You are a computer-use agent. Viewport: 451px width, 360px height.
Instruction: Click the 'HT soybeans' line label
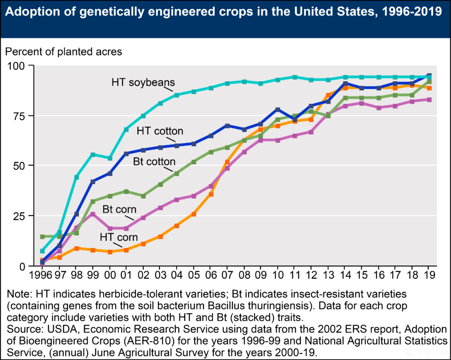(143, 82)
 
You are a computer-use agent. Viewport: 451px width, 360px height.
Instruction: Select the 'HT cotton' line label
(160, 131)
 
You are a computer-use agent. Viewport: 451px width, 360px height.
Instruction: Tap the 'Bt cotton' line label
(154, 161)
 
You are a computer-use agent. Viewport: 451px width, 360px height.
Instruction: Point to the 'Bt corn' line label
(119, 209)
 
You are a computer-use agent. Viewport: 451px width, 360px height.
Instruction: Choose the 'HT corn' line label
(119, 237)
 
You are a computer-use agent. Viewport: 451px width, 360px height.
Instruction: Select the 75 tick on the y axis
(18, 116)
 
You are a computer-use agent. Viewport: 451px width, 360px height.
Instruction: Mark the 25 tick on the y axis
(18, 216)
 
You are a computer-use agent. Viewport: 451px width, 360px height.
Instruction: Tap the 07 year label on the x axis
(228, 275)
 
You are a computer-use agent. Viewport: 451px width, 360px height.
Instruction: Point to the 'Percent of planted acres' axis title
(63, 52)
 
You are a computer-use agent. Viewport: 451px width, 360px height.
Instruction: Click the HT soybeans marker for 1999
(93, 154)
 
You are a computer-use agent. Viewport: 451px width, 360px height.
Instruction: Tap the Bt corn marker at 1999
(93, 214)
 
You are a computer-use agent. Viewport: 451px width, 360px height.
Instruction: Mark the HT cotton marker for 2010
(277, 110)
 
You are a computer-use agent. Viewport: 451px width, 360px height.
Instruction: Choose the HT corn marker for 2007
(228, 162)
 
